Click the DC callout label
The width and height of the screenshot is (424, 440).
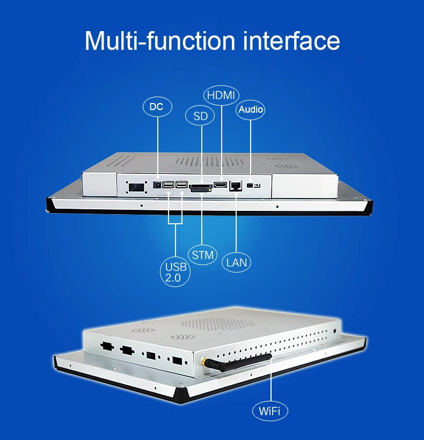(x=157, y=107)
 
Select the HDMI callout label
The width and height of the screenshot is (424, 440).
(x=221, y=96)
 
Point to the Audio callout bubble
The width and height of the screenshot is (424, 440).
(x=251, y=109)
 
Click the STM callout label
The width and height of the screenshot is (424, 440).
(x=202, y=255)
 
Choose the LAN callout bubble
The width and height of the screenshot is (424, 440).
(x=236, y=261)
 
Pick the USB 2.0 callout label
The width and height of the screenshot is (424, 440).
(x=177, y=272)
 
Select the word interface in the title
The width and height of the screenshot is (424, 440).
(x=292, y=41)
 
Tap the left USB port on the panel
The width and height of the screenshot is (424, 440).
(x=169, y=186)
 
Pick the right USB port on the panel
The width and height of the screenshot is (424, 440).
(x=181, y=186)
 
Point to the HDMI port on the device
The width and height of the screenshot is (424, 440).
(x=221, y=185)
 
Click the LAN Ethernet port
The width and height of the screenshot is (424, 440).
(x=235, y=186)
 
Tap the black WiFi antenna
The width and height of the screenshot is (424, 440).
(x=239, y=365)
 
